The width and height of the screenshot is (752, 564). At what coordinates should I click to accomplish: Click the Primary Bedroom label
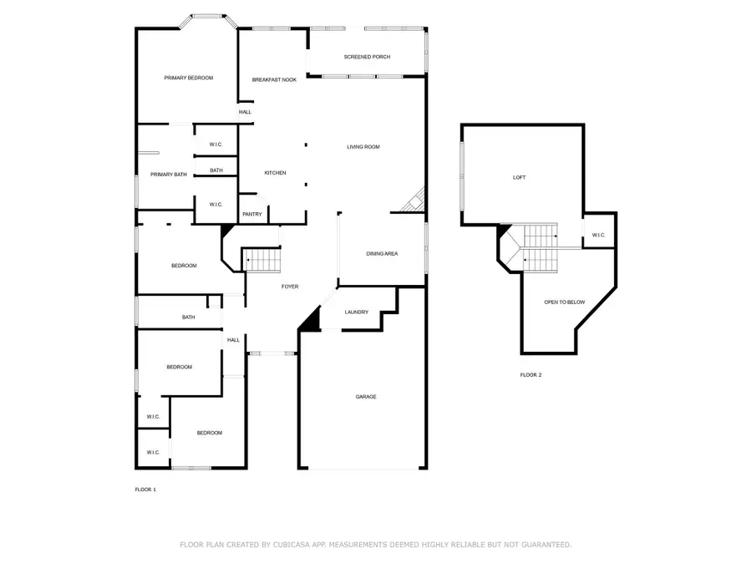click(189, 78)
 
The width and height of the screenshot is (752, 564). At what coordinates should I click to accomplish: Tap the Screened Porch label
click(367, 57)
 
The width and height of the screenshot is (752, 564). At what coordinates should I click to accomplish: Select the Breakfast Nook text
click(274, 79)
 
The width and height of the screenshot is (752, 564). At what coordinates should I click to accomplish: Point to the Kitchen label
click(275, 173)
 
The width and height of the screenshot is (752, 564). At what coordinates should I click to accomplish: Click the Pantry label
click(252, 214)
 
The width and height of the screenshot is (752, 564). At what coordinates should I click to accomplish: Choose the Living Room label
click(363, 147)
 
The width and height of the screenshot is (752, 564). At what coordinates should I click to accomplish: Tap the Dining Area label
click(382, 254)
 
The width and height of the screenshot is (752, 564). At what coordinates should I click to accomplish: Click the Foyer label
click(290, 287)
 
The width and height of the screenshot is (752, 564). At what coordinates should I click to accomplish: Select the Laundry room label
click(356, 312)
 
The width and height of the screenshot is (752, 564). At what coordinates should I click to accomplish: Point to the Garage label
click(366, 397)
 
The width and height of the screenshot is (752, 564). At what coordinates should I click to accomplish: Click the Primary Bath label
click(169, 175)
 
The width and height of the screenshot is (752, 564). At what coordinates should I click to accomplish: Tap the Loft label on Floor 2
click(520, 177)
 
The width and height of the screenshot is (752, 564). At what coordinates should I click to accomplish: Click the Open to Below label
click(565, 302)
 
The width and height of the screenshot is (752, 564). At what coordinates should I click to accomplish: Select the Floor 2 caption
click(531, 375)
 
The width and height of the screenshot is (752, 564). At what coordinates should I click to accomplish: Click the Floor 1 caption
click(145, 490)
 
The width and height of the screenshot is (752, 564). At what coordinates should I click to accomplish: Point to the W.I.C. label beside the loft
click(598, 235)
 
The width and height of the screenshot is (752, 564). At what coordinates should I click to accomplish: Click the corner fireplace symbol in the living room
click(414, 200)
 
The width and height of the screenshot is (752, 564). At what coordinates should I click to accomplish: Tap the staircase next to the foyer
click(262, 260)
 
